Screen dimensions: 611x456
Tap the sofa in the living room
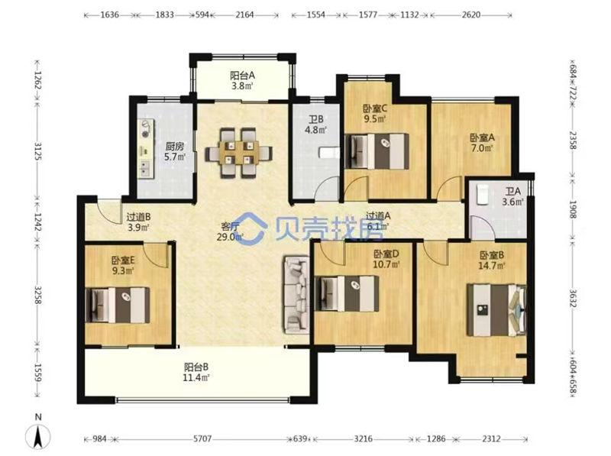(297, 295)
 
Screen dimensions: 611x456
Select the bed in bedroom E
(118, 306)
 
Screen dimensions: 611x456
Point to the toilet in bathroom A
(483, 194)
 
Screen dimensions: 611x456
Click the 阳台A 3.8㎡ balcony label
(242, 80)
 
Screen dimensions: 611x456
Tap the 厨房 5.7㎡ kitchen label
(175, 151)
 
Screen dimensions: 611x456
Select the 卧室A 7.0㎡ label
(482, 143)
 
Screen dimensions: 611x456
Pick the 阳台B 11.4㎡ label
(196, 372)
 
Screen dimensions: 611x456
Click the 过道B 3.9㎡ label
(139, 222)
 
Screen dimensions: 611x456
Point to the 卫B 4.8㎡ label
(315, 125)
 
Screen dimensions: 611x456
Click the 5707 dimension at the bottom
(202, 439)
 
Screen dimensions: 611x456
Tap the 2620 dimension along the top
(470, 15)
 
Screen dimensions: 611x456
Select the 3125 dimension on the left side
(38, 151)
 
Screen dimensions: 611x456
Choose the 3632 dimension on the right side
(572, 298)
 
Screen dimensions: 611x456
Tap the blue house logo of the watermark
(252, 228)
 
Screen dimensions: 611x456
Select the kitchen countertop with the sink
(146, 148)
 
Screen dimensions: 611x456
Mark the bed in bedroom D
(347, 293)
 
